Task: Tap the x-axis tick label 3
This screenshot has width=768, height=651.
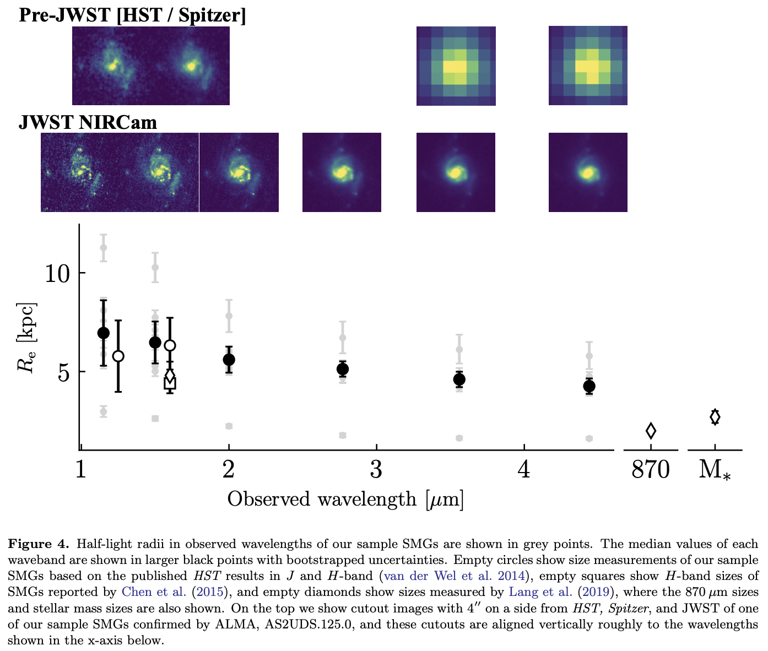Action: pyautogui.click(x=376, y=470)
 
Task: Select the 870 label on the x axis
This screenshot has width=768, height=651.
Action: pyautogui.click(x=651, y=470)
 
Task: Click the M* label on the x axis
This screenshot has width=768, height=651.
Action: pyautogui.click(x=715, y=470)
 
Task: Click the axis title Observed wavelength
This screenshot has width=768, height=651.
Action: pyautogui.click(x=345, y=499)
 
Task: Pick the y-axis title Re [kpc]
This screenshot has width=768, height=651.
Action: pyautogui.click(x=28, y=337)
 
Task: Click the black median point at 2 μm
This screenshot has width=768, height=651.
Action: pyautogui.click(x=229, y=360)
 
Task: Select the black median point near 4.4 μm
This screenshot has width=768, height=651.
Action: pyautogui.click(x=589, y=386)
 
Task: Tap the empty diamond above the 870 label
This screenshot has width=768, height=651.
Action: pyautogui.click(x=651, y=431)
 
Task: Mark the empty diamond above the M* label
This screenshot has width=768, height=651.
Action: pyautogui.click(x=715, y=417)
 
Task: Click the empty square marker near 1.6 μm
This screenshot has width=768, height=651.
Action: pyautogui.click(x=170, y=383)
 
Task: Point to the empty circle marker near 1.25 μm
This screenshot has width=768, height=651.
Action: pyautogui.click(x=118, y=356)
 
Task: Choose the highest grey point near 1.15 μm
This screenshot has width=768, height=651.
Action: pyautogui.click(x=103, y=247)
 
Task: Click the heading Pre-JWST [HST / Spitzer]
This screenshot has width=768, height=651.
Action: pyautogui.click(x=132, y=15)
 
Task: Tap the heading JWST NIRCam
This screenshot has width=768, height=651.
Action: pyautogui.click(x=88, y=122)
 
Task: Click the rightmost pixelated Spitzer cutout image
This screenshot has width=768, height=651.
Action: pyautogui.click(x=588, y=66)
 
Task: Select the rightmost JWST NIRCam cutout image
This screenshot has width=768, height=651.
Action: pyautogui.click(x=588, y=172)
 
